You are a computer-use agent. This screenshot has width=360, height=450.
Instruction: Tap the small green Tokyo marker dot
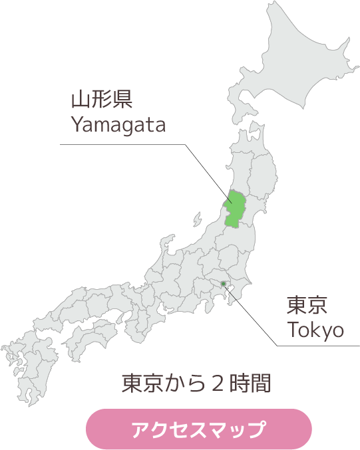click(x=224, y=284)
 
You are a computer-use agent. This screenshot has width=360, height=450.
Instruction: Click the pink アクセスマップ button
click(x=199, y=429)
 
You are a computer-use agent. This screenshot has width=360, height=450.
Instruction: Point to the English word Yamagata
click(x=118, y=124)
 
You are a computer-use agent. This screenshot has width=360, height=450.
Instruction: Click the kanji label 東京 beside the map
click(x=308, y=306)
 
